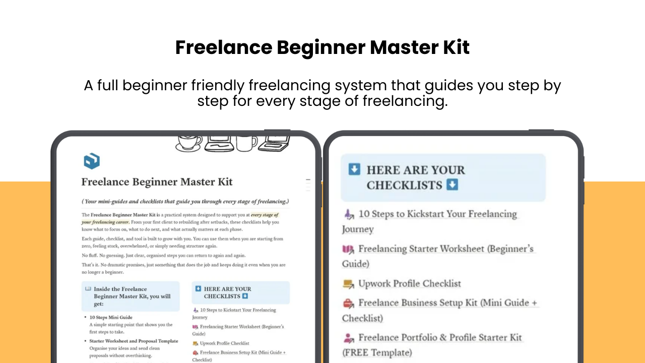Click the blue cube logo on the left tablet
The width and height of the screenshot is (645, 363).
[x=92, y=161]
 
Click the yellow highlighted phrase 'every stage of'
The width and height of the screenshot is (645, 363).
[x=265, y=215]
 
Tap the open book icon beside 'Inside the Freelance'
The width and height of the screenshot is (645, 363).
[x=88, y=289]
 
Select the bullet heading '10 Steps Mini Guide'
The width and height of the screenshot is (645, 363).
[x=111, y=317]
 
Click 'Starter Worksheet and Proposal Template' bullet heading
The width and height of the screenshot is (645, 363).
[x=134, y=341]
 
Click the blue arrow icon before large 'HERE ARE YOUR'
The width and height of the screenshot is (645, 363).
[x=354, y=169]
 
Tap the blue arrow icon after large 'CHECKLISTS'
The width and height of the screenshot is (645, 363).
[x=452, y=185]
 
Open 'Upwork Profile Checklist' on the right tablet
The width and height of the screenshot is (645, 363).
[x=410, y=283]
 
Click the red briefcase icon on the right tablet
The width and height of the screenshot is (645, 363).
[x=348, y=303]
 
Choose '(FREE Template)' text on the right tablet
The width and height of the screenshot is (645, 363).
[x=377, y=352]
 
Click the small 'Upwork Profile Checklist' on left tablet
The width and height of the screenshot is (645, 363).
[x=225, y=343]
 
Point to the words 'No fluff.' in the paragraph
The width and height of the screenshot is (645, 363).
[x=90, y=255]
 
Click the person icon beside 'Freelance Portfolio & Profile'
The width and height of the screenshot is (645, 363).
[x=348, y=338]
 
